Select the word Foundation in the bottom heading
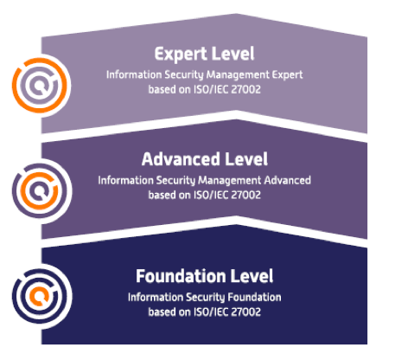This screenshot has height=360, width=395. [181, 276]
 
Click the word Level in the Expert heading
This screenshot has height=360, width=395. [233, 54]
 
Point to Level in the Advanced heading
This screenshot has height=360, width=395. [246, 159]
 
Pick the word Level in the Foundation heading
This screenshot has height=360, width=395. [252, 276]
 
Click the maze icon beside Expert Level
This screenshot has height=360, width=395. [40, 86]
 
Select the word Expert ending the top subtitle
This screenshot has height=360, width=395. [287, 75]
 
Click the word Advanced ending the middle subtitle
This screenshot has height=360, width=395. [287, 180]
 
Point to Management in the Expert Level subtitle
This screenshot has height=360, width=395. [238, 75]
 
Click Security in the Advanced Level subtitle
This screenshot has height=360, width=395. [175, 181]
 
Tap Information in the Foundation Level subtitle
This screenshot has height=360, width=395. [156, 297]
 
